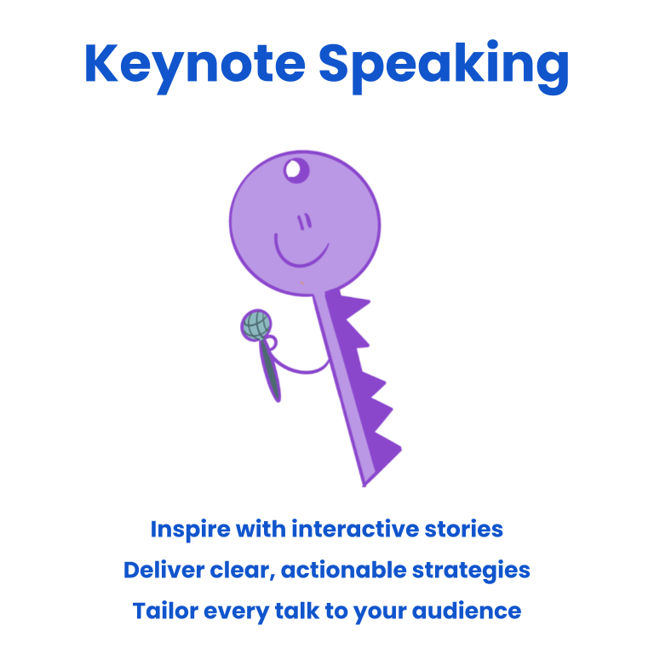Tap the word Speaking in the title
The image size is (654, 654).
(444, 66)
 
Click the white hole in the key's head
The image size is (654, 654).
(293, 169)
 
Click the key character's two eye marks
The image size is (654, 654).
(305, 221)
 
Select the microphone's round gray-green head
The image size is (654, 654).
(257, 325)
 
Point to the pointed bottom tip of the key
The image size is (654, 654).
(364, 485)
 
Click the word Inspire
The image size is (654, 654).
(190, 531)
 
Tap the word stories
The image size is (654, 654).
(464, 529)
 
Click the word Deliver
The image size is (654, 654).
(163, 571)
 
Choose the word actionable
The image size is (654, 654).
(344, 571)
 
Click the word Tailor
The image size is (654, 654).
(165, 611)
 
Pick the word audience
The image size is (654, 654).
(467, 611)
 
